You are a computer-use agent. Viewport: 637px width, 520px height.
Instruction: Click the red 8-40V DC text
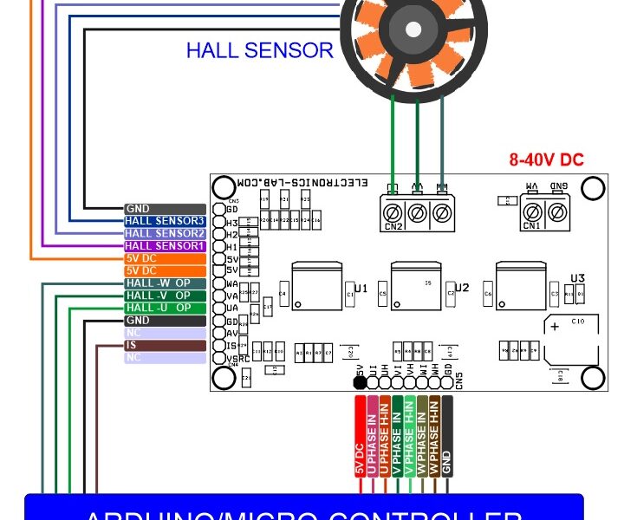[x=547, y=160]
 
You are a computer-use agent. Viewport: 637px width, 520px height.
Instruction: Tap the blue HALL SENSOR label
[x=259, y=50]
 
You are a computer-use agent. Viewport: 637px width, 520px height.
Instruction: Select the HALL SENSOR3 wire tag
[x=165, y=221]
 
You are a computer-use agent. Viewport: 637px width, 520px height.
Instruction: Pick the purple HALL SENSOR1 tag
[x=165, y=246]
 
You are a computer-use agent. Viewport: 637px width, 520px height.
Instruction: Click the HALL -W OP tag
[x=165, y=283]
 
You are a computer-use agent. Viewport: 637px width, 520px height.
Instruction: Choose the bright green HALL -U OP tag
[x=165, y=308]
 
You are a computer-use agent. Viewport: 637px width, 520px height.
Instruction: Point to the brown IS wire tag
[x=165, y=345]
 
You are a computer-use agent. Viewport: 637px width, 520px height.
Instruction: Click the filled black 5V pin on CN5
[x=360, y=380]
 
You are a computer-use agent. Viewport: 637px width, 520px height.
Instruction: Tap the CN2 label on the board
[x=394, y=227]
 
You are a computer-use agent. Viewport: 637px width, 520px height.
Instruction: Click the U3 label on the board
[x=578, y=278]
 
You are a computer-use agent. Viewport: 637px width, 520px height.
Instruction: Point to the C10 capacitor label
[x=579, y=322]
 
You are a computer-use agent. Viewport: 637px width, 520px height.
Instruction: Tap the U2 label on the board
[x=462, y=288]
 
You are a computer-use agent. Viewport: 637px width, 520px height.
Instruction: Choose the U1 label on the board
[x=361, y=288]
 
